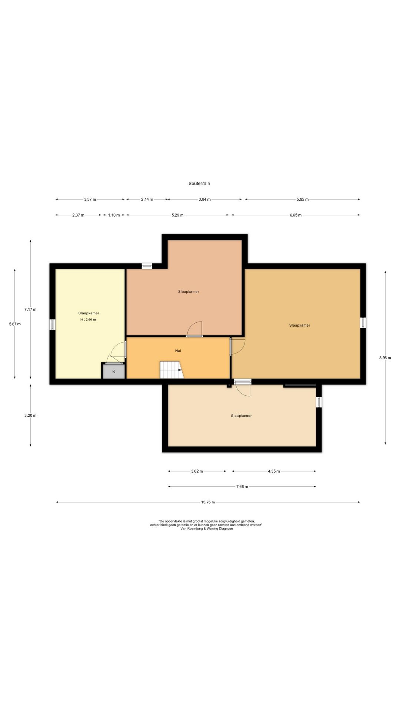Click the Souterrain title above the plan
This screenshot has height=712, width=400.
click(x=199, y=183)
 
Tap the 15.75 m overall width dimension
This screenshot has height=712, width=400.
click(x=208, y=502)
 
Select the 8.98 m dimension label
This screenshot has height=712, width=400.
click(x=385, y=358)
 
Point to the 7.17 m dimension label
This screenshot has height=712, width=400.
click(x=30, y=309)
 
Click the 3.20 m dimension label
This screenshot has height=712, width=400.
click(x=30, y=415)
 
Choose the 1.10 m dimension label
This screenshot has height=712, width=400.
click(x=114, y=215)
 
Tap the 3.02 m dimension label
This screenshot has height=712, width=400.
click(x=197, y=471)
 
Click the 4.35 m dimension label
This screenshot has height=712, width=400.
click(x=274, y=471)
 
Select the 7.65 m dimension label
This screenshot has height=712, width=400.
click(x=242, y=487)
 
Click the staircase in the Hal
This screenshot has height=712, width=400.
click(x=171, y=370)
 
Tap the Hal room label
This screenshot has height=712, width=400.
click(x=178, y=350)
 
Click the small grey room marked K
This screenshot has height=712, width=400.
click(x=114, y=371)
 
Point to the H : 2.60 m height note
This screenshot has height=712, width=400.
click(x=88, y=320)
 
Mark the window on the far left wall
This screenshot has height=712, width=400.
click(x=53, y=324)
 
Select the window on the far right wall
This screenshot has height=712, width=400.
click(x=363, y=323)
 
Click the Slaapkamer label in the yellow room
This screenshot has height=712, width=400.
click(x=89, y=313)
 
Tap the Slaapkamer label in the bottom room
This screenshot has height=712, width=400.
click(x=241, y=416)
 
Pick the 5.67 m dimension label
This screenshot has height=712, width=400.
click(x=15, y=324)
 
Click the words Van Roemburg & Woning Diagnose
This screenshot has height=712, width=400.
click(x=207, y=529)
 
